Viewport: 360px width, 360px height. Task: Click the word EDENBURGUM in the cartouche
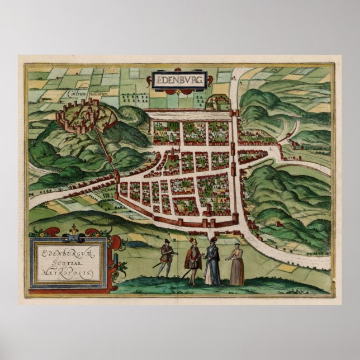click(x=69, y=250)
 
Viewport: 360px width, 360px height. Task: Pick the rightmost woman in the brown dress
click(x=236, y=264)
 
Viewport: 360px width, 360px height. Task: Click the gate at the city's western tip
click(x=117, y=177)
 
